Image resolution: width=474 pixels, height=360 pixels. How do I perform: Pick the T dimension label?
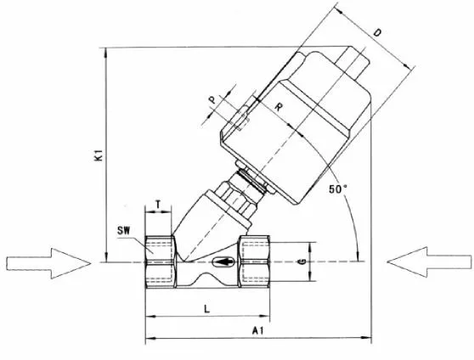(x=158, y=203)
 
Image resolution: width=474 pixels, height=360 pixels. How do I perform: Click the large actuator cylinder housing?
(x=297, y=127)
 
